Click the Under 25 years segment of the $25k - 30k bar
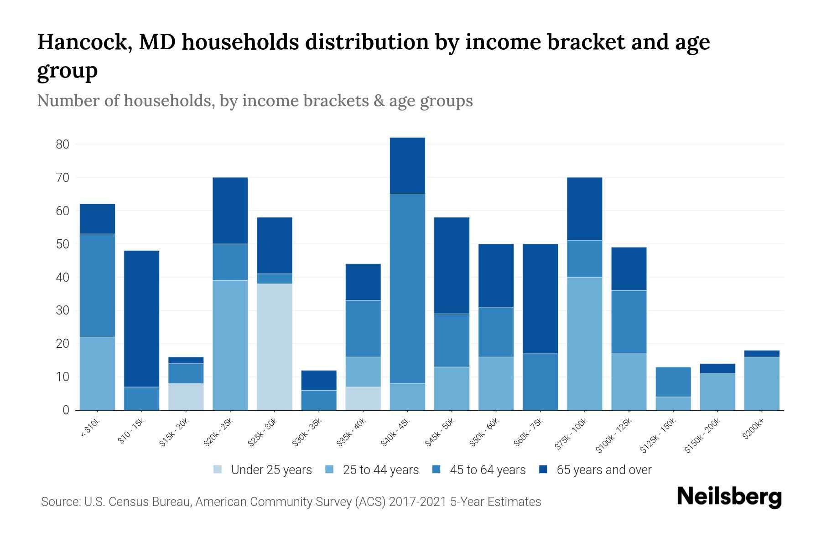point(275,347)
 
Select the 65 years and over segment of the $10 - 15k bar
point(141,319)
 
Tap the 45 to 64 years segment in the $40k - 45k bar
point(407,289)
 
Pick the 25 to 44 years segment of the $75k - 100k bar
point(584,344)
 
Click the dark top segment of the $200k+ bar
point(761,354)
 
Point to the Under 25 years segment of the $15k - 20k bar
point(186,397)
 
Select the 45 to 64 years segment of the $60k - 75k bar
point(540,382)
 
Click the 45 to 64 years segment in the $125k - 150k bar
point(673,382)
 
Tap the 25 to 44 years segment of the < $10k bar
point(97,373)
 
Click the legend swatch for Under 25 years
point(218,470)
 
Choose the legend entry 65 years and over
point(603,470)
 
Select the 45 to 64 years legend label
point(487,470)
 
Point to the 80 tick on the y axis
point(62,144)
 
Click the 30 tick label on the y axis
point(62,310)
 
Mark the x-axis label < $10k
point(90,428)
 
